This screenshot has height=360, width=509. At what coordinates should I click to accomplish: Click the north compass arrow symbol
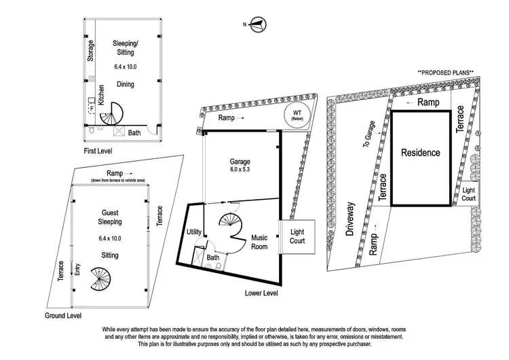point(255,26)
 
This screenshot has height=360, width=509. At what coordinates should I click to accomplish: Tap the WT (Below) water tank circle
point(296,115)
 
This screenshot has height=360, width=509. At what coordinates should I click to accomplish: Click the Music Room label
point(259,242)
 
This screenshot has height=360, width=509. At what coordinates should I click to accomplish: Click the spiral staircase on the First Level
point(111,113)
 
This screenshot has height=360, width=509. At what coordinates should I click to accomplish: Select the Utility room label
point(193,232)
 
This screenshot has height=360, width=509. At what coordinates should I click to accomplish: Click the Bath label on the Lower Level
point(212,258)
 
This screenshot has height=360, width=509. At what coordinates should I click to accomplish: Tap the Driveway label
point(351,218)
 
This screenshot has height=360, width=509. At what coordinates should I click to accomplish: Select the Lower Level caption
point(265,293)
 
